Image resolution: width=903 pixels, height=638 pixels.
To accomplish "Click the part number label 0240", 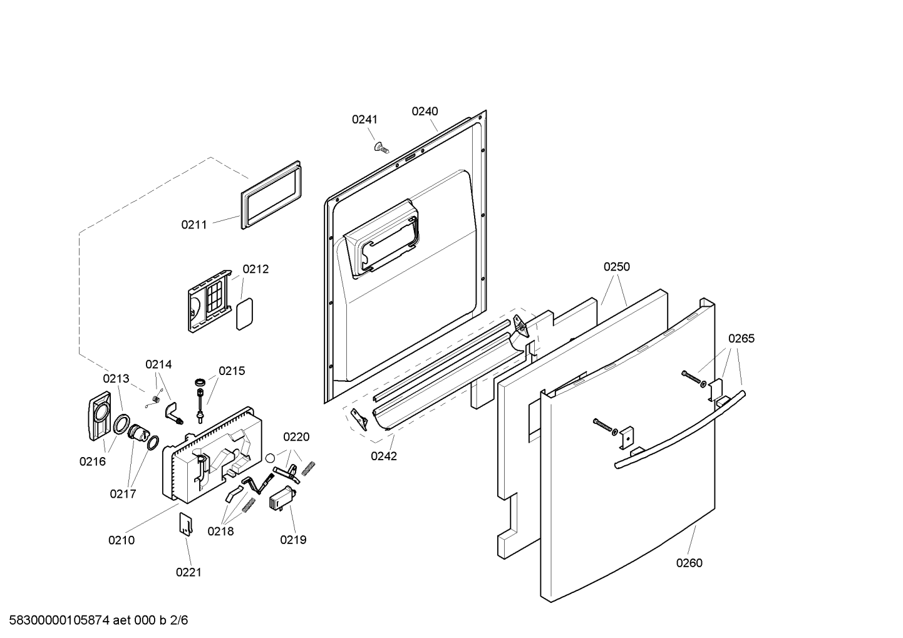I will click(x=425, y=111).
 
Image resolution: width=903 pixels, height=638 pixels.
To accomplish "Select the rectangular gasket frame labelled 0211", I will click(x=269, y=195).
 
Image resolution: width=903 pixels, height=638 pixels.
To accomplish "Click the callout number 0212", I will click(x=255, y=269).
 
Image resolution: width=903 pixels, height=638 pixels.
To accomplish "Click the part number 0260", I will click(x=689, y=563).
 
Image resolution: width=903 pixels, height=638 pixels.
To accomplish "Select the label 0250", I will click(x=617, y=267).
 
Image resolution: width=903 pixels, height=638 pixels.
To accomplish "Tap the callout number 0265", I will click(x=741, y=339).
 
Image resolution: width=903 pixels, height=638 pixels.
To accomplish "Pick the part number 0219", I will click(x=293, y=540).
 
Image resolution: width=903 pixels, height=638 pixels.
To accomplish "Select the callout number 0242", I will click(x=383, y=456).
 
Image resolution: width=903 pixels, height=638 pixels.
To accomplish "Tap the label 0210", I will click(x=121, y=540).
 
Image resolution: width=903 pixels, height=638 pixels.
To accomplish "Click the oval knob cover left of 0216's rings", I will click(x=96, y=416).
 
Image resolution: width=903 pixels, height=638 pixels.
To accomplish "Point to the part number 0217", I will click(x=123, y=494).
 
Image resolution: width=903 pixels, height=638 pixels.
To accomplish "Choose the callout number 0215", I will click(x=232, y=371).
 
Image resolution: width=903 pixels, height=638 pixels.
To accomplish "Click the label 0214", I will click(x=158, y=364).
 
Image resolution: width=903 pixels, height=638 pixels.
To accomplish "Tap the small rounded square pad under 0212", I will click(x=244, y=313).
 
